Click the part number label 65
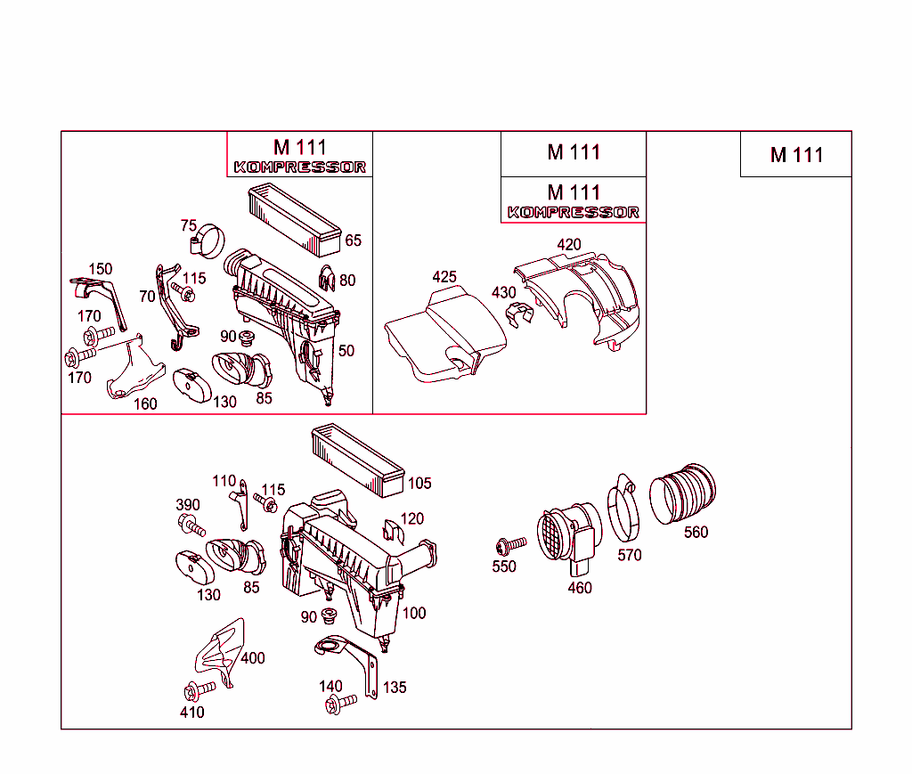[x=354, y=240]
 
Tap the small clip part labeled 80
[x=326, y=279]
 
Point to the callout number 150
[x=100, y=269]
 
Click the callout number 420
[x=568, y=245]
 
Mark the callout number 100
[x=414, y=613]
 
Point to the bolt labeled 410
[x=199, y=690]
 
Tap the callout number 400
[x=253, y=658]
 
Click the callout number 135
[x=395, y=688]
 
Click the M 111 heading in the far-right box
[x=796, y=155]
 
